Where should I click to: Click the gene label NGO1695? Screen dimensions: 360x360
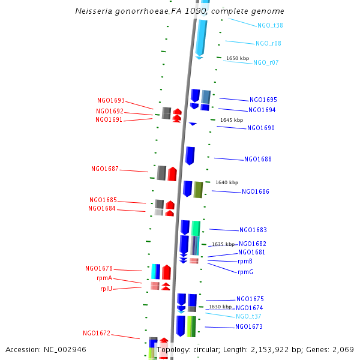coord(263,100)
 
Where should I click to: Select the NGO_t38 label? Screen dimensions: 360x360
coord(270,25)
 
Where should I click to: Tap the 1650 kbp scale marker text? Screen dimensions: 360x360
coord(237,58)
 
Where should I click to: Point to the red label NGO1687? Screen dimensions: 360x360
coord(105,169)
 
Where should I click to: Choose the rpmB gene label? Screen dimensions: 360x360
coord(245,261)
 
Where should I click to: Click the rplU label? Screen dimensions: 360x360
coord(110,289)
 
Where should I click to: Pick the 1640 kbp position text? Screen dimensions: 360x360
coord(227,182)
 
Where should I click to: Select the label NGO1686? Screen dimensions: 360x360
coord(256,192)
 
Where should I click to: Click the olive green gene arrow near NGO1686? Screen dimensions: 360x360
coord(198,190)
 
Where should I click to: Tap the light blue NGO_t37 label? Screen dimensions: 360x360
coord(248,316)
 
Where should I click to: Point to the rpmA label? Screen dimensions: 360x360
coord(109,279)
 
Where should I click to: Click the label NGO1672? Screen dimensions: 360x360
coord(97,333)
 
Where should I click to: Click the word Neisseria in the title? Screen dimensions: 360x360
coord(94,11)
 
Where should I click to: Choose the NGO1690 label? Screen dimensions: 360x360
coord(261,128)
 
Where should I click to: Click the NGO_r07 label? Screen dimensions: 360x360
coord(266,62)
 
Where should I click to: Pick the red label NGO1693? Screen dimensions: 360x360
coord(111,101)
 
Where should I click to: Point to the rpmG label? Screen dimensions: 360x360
coord(245,272)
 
